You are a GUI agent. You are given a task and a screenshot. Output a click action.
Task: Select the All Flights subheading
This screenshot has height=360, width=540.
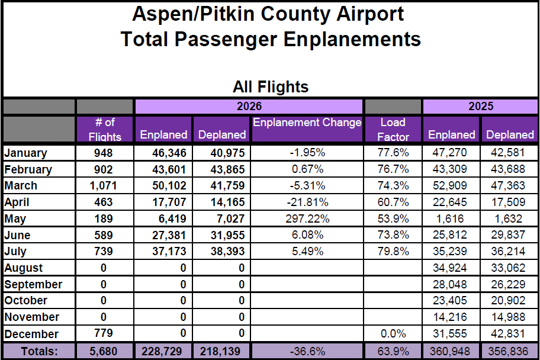(271, 86)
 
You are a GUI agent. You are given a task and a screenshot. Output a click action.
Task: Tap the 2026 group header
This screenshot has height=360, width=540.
(249, 106)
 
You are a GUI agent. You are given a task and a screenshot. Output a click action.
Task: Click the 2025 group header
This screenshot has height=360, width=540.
(481, 106)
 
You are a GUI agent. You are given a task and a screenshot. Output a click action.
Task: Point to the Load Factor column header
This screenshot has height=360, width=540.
(393, 129)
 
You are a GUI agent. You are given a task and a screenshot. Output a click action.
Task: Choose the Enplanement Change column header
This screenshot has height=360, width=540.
(307, 123)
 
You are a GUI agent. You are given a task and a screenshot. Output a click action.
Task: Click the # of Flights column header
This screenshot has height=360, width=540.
(105, 129)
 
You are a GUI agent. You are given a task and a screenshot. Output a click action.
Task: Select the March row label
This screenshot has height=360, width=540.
(21, 186)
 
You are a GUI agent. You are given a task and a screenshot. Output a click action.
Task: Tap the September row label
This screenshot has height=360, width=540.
(33, 285)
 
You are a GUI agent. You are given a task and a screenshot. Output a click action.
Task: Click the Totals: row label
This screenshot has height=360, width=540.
(39, 351)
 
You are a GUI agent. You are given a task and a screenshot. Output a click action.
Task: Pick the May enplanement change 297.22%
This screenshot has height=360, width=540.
(307, 218)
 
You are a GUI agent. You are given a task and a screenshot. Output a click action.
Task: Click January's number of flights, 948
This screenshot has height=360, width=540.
(103, 153)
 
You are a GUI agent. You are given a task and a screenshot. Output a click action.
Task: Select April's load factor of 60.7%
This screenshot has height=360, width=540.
(393, 202)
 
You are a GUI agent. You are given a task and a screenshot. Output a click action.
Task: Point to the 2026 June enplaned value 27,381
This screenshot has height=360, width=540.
(169, 235)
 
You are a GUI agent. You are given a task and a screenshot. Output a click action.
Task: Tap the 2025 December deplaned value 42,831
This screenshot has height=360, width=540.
(508, 333)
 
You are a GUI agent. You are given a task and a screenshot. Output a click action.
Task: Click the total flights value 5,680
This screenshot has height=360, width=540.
(103, 351)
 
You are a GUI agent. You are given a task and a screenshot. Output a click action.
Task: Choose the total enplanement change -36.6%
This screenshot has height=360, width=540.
(307, 351)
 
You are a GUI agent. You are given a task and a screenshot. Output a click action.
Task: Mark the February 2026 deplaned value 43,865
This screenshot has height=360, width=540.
(227, 169)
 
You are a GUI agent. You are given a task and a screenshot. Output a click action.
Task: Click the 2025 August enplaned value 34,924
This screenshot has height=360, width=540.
(450, 268)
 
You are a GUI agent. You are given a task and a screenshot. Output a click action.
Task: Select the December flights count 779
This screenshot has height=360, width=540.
(103, 333)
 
